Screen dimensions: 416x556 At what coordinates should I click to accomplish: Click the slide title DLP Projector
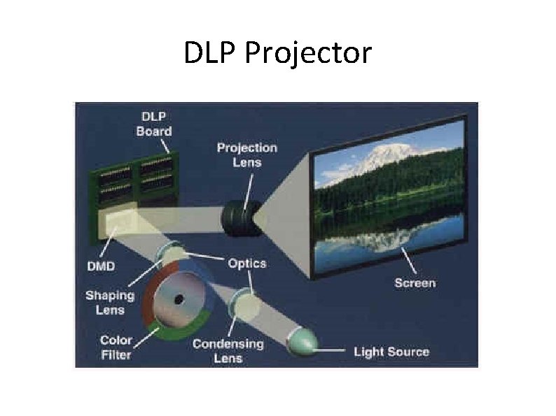(x=277, y=53)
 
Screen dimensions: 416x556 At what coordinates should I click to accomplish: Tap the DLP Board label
(x=154, y=124)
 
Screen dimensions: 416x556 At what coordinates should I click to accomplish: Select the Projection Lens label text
(x=246, y=155)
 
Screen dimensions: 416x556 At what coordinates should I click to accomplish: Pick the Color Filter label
(x=116, y=347)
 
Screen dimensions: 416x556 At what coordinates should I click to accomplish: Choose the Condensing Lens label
(x=228, y=350)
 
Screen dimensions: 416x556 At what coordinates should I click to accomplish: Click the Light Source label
(x=391, y=351)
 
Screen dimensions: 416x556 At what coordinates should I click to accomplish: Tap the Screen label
(x=415, y=282)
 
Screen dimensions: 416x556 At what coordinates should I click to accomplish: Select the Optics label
(x=246, y=263)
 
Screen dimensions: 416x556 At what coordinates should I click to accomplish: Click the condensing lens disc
(x=243, y=301)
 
